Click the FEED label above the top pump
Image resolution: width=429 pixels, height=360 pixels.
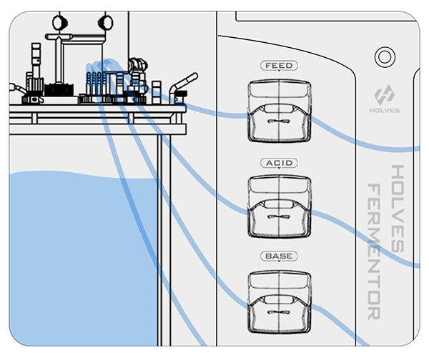click(279, 66)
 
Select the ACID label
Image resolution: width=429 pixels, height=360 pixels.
click(279, 163)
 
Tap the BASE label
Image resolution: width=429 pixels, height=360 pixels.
click(279, 256)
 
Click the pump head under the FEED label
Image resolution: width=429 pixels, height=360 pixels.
click(279, 111)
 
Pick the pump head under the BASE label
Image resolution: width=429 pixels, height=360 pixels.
click(279, 301)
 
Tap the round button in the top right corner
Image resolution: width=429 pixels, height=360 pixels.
click(385, 56)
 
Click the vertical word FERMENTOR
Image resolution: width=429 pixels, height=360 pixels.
click(373, 250)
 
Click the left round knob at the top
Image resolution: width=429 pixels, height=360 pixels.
click(59, 21)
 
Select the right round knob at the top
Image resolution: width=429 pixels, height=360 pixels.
click(106, 21)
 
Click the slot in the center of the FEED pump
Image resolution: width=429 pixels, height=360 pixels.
click(279, 121)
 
